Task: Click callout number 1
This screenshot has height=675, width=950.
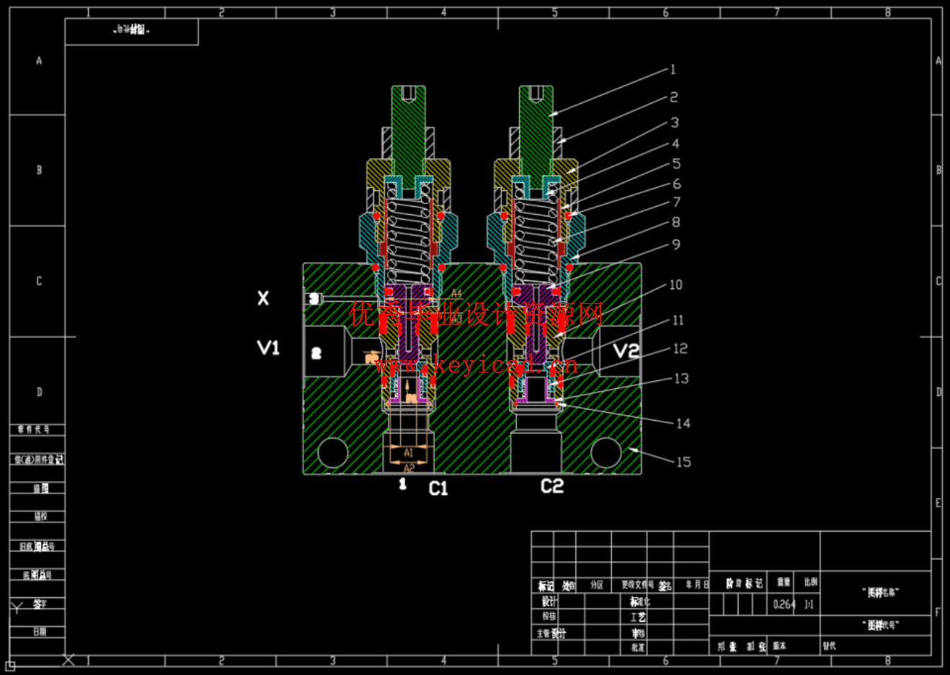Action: (673, 70)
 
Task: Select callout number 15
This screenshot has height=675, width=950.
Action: (683, 462)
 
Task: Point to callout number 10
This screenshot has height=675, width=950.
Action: (675, 285)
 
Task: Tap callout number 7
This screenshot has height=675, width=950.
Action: (676, 202)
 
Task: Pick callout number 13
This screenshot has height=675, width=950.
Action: (681, 378)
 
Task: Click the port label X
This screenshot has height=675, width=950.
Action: (263, 298)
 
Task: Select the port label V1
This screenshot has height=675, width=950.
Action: (268, 348)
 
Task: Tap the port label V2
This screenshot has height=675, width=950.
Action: (626, 351)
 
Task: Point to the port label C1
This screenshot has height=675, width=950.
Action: (438, 488)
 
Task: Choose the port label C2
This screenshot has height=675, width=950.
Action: (552, 486)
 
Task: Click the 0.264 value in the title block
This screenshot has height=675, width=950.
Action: (784, 604)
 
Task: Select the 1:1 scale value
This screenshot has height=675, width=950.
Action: (809, 604)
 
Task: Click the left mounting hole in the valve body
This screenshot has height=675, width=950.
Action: (333, 452)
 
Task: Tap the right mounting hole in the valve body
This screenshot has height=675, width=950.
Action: (605, 452)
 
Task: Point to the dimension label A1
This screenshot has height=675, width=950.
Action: (408, 453)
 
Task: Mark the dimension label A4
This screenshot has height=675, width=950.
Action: (457, 293)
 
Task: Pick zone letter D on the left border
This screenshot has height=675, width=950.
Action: (40, 392)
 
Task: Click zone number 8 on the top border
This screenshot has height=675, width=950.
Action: (888, 12)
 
